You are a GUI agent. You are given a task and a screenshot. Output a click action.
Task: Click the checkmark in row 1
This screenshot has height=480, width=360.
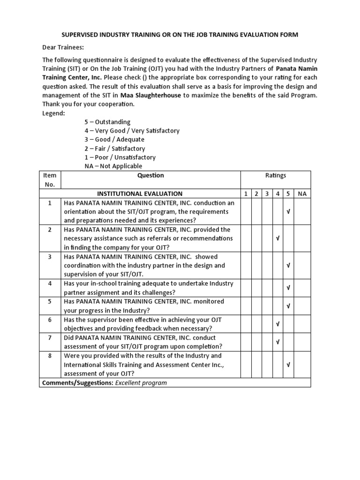[x=288, y=212]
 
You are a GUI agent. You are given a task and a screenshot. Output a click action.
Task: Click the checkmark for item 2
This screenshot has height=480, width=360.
[x=277, y=239]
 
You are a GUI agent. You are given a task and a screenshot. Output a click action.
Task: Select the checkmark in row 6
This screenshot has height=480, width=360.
[x=277, y=324]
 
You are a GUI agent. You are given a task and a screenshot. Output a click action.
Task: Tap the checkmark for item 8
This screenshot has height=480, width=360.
[x=288, y=365]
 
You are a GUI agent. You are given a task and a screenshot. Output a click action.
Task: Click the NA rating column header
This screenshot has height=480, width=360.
[x=302, y=194]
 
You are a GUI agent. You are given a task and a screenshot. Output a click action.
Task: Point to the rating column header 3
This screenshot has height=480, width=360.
[x=267, y=194]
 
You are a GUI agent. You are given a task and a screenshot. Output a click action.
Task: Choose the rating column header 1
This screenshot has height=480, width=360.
[x=245, y=194]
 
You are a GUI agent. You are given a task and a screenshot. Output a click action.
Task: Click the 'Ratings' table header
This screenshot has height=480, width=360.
[x=276, y=175]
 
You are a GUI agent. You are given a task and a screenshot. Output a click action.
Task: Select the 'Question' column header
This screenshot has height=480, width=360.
[x=150, y=175]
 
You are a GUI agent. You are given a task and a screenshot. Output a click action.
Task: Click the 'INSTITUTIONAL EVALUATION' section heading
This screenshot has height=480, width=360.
[x=140, y=194]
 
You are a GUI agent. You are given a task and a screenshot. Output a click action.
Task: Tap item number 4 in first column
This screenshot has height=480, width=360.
[x=49, y=284]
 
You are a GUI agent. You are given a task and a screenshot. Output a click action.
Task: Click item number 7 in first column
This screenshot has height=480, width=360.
[x=49, y=337]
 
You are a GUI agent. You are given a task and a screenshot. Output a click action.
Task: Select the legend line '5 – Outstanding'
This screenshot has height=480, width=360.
[x=107, y=122]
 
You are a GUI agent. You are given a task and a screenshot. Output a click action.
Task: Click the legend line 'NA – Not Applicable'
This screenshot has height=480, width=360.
[x=113, y=166]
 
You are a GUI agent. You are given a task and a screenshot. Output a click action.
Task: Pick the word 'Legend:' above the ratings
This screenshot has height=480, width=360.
[x=54, y=113]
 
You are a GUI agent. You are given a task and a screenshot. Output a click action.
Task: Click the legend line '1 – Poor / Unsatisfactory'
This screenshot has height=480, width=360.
[x=120, y=157]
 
